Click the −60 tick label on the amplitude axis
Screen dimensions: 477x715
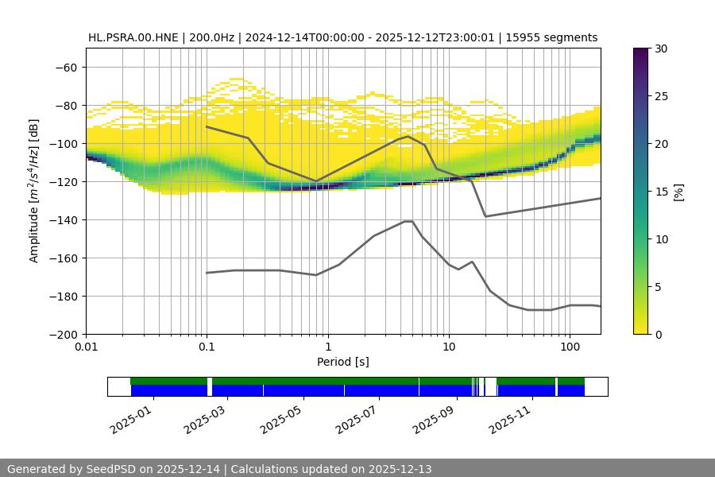tap(65, 68)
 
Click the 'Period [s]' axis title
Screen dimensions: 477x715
tap(343, 363)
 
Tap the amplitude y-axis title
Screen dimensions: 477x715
tap(34, 192)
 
